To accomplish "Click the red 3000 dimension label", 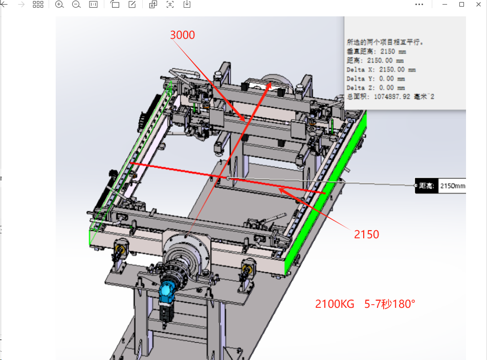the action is pyautogui.click(x=182, y=35).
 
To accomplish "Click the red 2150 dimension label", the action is pyautogui.click(x=366, y=234).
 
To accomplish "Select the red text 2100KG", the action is pyautogui.click(x=335, y=304).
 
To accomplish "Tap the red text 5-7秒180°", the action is pyautogui.click(x=389, y=304).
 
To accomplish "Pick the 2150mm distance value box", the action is pyautogui.click(x=452, y=186).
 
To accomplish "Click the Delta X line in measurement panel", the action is pyautogui.click(x=381, y=70).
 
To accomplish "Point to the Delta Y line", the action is pyautogui.click(x=376, y=79).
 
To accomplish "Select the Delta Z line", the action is pyautogui.click(x=376, y=87).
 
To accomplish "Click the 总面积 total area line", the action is pyautogui.click(x=390, y=97).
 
